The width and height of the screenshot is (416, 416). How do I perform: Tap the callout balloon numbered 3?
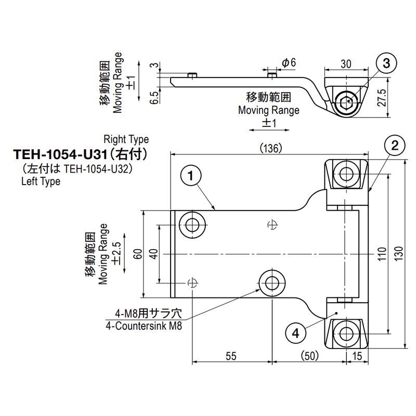[386, 64]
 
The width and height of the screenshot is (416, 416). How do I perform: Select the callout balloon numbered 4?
[295, 332]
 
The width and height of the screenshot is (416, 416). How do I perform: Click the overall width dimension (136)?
[270, 148]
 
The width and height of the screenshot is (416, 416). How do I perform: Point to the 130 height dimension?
[398, 253]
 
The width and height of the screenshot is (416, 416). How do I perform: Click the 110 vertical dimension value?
[382, 253]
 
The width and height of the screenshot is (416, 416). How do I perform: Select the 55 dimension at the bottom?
[231, 356]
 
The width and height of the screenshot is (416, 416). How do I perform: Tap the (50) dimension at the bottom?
[309, 356]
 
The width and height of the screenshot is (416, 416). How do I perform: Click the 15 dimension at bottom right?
[358, 356]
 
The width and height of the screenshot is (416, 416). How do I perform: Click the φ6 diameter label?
[289, 62]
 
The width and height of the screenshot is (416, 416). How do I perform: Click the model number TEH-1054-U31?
[60, 154]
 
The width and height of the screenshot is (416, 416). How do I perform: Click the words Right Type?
[126, 139]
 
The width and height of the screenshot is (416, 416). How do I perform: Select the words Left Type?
[41, 181]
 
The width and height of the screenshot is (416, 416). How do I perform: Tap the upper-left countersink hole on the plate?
[192, 225]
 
